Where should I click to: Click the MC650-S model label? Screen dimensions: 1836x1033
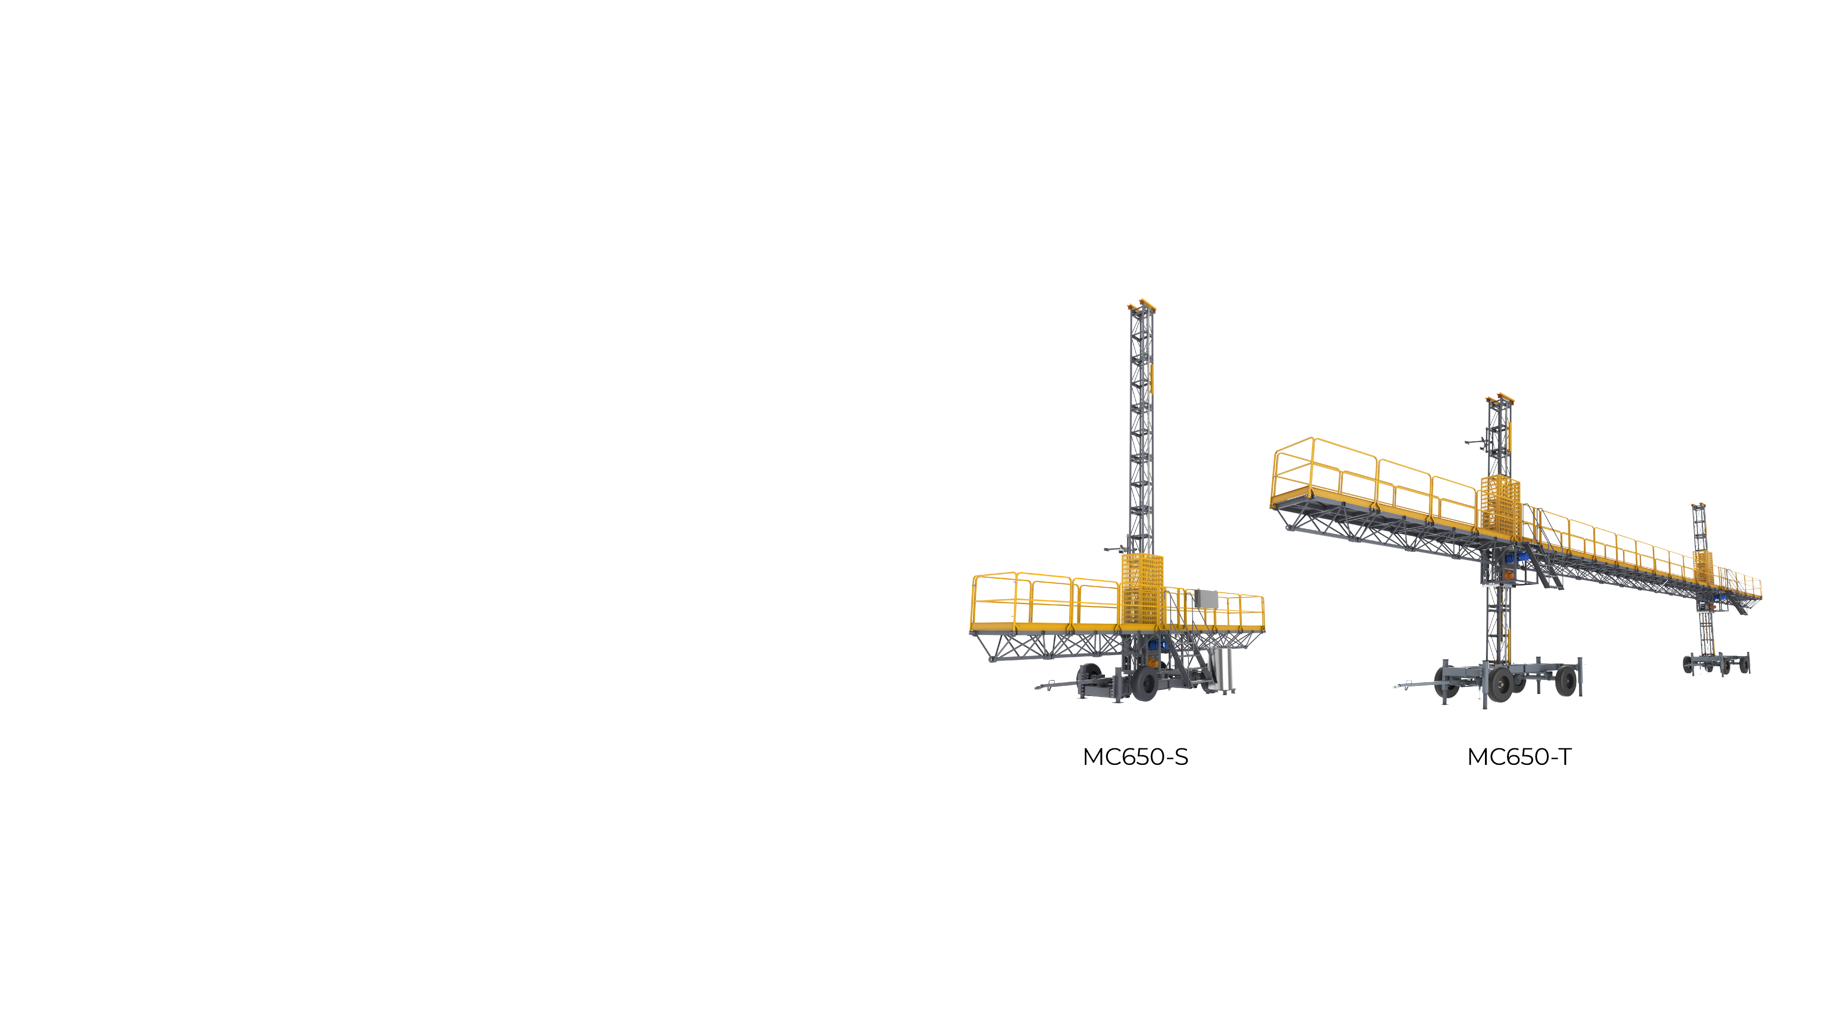coord(1135,757)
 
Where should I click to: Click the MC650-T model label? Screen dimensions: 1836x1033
coord(1519,757)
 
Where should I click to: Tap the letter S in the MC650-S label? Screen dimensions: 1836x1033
coord(1181,757)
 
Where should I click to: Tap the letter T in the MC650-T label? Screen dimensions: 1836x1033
coord(1564,757)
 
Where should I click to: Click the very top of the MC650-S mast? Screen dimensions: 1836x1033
coord(1142,302)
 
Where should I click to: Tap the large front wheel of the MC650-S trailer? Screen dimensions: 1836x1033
coord(1144,684)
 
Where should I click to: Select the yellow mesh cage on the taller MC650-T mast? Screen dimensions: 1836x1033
coord(1500,506)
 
